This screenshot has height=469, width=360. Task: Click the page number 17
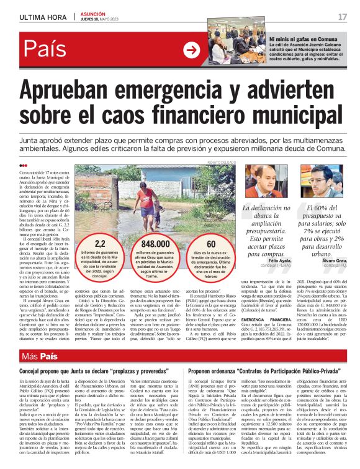(x=342, y=16)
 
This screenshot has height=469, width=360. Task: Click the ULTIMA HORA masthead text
(x=42, y=17)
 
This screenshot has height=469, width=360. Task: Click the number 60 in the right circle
(x=212, y=244)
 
